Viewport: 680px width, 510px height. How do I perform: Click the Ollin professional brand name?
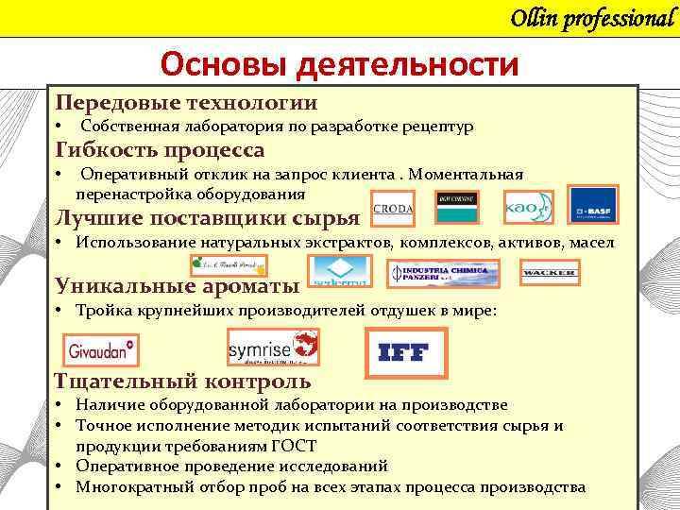[x=592, y=18]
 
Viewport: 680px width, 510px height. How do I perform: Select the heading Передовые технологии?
[x=186, y=103]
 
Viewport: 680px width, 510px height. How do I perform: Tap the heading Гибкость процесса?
[x=160, y=150]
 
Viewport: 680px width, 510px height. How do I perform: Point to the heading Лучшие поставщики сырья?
[x=208, y=218]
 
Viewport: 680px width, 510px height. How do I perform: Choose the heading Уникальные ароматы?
[x=178, y=285]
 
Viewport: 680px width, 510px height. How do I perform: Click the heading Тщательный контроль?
[x=182, y=381]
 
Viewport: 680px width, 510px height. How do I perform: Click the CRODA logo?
[x=393, y=209]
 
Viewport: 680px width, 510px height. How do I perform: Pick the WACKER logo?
[x=549, y=273]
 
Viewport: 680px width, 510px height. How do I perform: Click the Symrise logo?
[x=273, y=348]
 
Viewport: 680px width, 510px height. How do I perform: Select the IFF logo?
[x=403, y=352]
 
